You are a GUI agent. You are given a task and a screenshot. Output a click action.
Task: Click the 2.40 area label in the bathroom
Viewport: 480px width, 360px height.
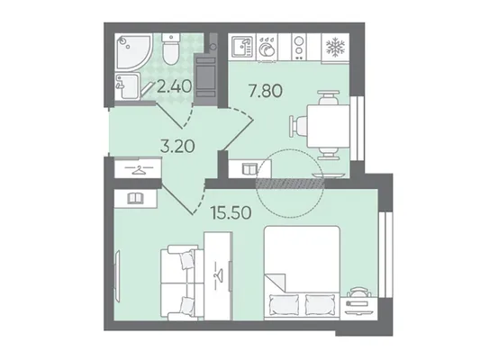174,86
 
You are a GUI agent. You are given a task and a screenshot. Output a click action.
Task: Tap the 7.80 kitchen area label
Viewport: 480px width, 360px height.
266,91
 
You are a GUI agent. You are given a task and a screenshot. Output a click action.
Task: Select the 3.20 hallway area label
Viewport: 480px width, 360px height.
177,146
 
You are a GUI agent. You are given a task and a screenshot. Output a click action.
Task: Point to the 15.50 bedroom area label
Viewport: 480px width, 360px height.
231,213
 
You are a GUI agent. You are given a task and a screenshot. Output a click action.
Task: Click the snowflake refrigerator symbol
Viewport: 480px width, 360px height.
335,48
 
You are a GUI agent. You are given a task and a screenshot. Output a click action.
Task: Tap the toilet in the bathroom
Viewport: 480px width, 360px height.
170,49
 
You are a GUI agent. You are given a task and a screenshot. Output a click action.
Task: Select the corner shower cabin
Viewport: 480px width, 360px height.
133,51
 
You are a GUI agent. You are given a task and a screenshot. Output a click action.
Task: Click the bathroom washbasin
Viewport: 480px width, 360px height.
127,85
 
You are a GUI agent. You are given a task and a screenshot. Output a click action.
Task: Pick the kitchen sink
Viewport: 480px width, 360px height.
243,47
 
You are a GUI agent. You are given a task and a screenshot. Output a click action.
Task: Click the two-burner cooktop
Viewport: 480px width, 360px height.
298,48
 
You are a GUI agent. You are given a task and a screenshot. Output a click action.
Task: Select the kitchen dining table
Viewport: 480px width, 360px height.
329,126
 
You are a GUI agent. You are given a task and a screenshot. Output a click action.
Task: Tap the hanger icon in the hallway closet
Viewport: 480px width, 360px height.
139,169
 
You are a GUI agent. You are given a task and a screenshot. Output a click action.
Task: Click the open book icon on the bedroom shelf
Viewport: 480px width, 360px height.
135,198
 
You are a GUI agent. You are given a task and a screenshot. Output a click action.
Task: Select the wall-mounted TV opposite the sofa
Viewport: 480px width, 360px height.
117,276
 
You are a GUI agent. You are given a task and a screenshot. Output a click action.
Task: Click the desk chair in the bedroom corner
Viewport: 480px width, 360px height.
358,292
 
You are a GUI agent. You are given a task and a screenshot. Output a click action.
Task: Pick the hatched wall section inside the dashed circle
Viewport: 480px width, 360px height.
290,184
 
